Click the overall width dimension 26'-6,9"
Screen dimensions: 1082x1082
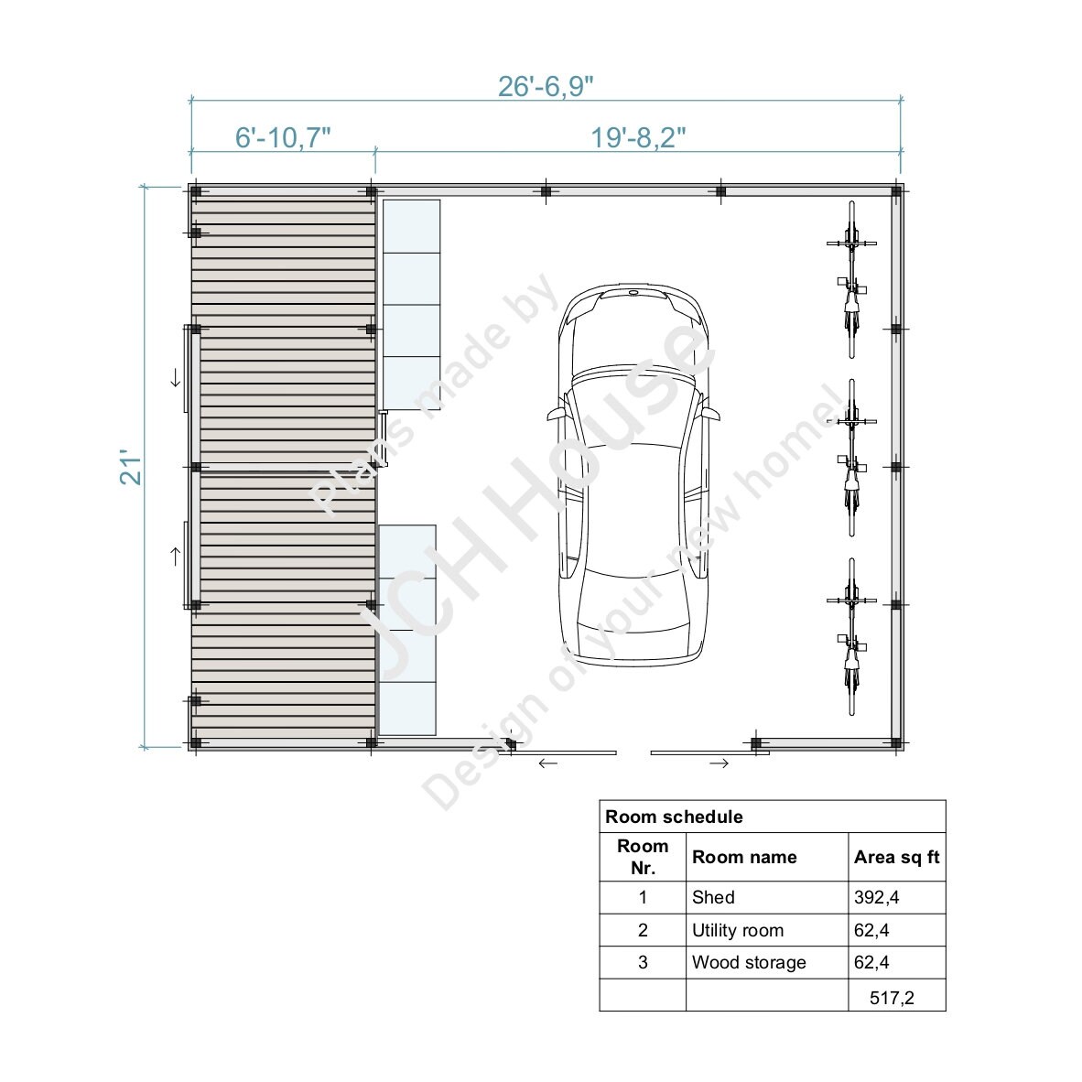(x=546, y=86)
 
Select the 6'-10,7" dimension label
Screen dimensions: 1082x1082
(x=283, y=138)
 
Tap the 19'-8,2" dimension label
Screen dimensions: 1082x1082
(x=638, y=138)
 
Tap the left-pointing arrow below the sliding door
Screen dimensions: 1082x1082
(x=547, y=763)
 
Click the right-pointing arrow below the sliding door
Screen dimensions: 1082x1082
(x=720, y=763)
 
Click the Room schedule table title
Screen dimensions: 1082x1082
(x=675, y=817)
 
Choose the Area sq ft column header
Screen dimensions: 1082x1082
(x=896, y=858)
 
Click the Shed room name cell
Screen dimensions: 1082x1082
(x=713, y=897)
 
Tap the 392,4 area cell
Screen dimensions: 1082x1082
(x=877, y=897)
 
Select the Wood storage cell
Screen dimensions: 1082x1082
(x=749, y=962)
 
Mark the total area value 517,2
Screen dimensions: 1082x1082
(x=891, y=998)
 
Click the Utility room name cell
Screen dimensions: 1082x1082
(x=738, y=930)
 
